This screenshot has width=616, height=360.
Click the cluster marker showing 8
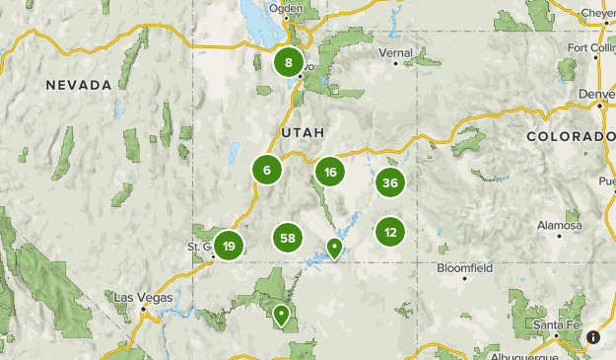click(288, 64)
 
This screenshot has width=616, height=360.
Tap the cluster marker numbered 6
click(266, 170)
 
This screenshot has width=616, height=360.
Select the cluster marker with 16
click(330, 173)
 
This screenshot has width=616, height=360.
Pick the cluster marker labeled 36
click(390, 182)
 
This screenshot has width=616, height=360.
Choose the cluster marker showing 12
click(390, 233)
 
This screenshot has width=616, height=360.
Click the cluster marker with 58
click(288, 238)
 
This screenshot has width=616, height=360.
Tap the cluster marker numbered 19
click(229, 246)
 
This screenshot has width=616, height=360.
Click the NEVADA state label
click(79, 86)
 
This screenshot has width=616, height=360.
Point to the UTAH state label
click(303, 132)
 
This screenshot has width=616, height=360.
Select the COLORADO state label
click(571, 136)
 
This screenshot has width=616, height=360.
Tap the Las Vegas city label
click(143, 298)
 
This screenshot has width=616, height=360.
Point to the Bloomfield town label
click(465, 267)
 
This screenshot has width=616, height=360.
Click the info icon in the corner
click(593, 337)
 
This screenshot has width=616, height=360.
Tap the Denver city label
click(597, 95)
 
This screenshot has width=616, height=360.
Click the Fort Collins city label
click(591, 49)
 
